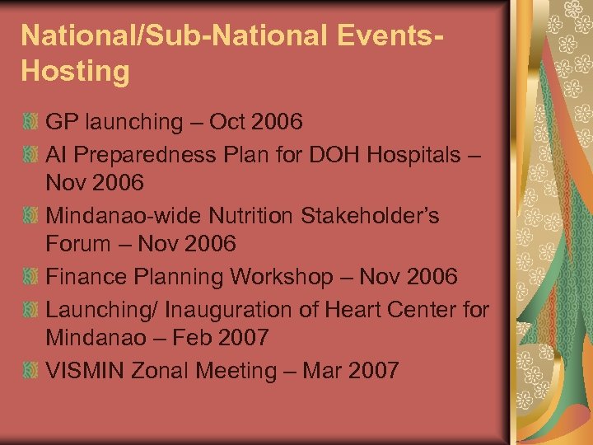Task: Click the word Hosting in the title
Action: [x=76, y=71]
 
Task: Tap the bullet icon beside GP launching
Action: [x=30, y=123]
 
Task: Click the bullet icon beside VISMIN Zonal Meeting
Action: [x=30, y=372]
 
